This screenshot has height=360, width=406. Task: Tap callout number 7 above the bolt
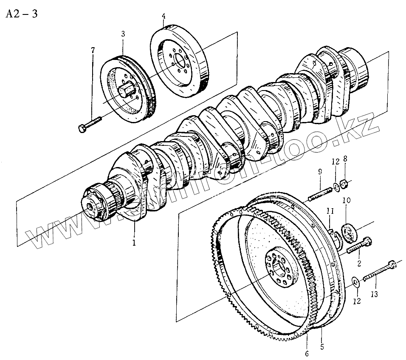tap(93, 51)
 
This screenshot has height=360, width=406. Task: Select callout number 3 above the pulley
tap(123, 33)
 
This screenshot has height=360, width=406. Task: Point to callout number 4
tap(164, 17)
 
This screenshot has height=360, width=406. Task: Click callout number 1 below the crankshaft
tap(134, 244)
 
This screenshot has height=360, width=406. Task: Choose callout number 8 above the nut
tap(345, 159)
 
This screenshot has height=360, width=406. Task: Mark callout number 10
tap(345, 199)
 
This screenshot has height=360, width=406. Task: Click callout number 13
tap(374, 293)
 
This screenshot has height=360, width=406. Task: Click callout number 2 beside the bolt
tap(359, 264)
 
